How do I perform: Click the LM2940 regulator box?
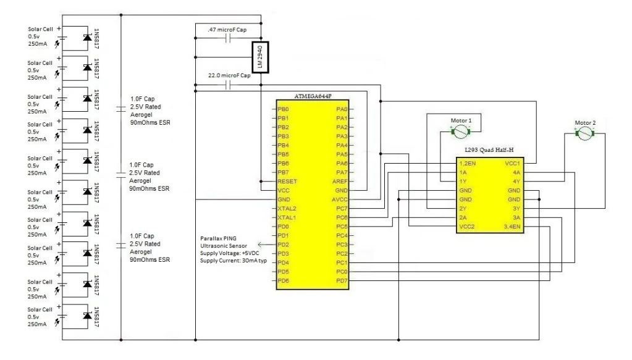pos(260,57)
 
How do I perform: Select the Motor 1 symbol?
pos(460,132)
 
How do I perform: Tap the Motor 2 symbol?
pos(585,134)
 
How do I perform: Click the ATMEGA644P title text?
pos(313,96)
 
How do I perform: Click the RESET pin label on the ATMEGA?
pos(287,181)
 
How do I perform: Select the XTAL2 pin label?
pos(287,209)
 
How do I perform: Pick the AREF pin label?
pos(340,181)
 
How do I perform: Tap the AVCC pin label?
pos(339,199)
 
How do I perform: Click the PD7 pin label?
pos(342,281)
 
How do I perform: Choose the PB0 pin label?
pos(283,109)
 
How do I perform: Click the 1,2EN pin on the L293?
pos(468,164)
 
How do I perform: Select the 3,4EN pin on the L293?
pos(512,227)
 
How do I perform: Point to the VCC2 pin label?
pos(467,227)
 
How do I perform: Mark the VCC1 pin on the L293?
pos(512,164)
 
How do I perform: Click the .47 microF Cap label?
pos(227,30)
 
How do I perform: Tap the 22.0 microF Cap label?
pos(229,75)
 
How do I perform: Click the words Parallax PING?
pos(219,238)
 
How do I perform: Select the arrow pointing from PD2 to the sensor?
pos(267,245)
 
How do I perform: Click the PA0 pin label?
pos(342,109)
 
